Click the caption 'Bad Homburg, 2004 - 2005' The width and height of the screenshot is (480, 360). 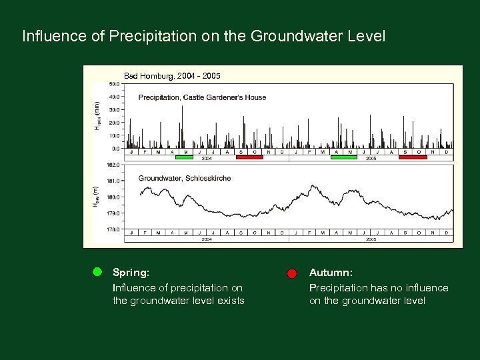(172, 76)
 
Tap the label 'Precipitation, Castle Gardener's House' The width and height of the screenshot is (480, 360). (202, 97)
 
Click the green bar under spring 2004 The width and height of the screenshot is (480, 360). (184, 157)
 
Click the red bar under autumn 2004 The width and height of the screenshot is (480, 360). (249, 157)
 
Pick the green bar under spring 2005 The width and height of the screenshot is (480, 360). (344, 157)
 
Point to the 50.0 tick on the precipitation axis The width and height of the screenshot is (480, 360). (114, 84)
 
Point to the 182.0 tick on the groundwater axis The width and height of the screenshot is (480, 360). (114, 164)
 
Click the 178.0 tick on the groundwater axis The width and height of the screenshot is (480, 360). (114, 229)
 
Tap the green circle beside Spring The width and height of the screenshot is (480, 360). (97, 272)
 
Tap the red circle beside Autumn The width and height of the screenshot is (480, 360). (292, 273)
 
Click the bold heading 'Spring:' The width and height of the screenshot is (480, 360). (131, 273)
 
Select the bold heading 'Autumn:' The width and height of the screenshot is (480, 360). (331, 273)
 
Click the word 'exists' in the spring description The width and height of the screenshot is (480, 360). (229, 301)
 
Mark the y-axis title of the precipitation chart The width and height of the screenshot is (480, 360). (98, 116)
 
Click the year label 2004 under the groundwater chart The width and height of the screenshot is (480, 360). (207, 239)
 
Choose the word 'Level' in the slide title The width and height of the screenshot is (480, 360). (365, 36)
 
